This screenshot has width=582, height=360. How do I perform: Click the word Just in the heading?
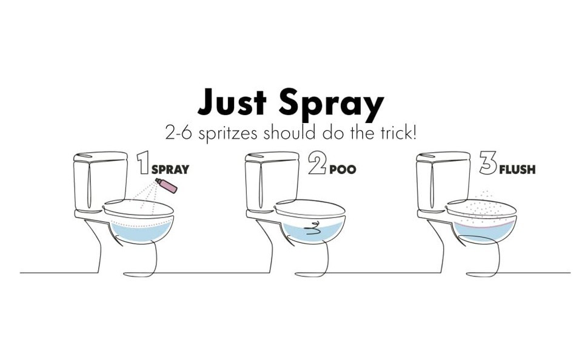(232, 101)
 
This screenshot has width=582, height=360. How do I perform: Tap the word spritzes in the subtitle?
(227, 133)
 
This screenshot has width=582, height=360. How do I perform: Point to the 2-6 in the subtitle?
(178, 133)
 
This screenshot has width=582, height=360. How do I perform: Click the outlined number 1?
(143, 162)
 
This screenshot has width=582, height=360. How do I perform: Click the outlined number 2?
(317, 162)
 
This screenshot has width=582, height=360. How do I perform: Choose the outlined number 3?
(488, 162)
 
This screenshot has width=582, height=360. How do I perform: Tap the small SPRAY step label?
(170, 170)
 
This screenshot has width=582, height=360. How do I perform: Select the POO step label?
(343, 170)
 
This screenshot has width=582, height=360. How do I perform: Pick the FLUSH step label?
(517, 170)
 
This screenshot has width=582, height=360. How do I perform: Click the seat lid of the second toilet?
(310, 210)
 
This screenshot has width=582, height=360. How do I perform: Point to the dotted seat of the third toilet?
(481, 210)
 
